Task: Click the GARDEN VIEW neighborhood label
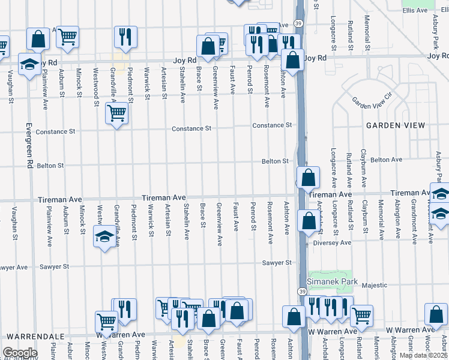(395, 125)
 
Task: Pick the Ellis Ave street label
(415, 10)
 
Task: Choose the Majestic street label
(374, 285)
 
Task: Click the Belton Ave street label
(386, 160)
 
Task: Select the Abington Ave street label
(397, 222)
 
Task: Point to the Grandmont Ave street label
(414, 222)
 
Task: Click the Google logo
(20, 353)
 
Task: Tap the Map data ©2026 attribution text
(424, 355)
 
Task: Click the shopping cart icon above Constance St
(117, 112)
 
